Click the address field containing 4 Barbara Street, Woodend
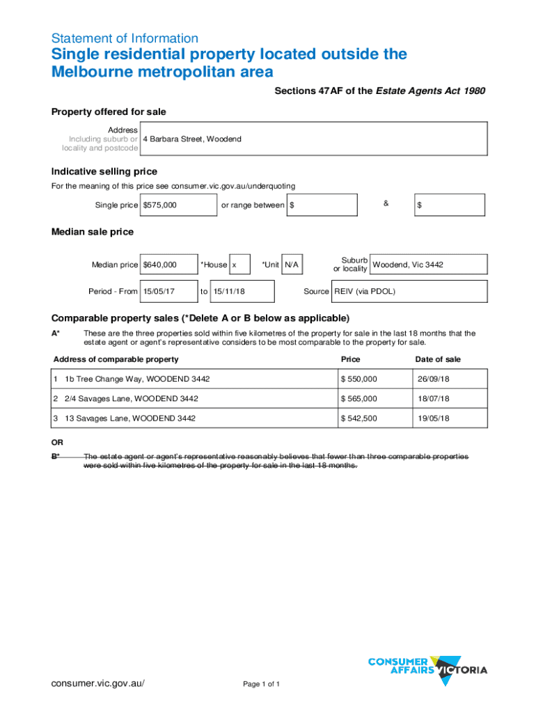(313, 139)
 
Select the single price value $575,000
(178, 205)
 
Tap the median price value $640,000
(168, 265)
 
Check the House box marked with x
(239, 265)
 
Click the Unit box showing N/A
(292, 265)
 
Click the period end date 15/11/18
(242, 292)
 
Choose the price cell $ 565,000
(370, 399)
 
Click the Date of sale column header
(437, 359)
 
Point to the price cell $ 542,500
(370, 418)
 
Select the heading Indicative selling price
(104, 172)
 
